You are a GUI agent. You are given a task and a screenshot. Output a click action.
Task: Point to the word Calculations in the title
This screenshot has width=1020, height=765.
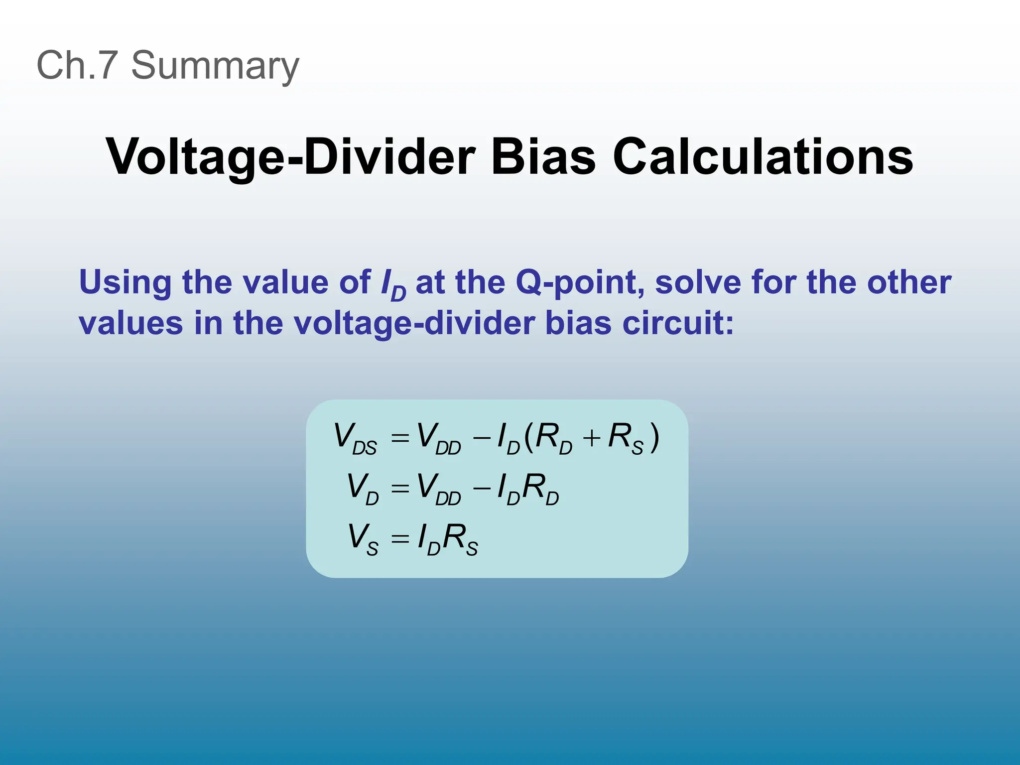763,157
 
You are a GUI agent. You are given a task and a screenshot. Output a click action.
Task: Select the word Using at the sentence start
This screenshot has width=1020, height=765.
125,283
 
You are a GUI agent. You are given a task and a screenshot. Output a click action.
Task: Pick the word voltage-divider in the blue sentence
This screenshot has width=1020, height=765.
414,324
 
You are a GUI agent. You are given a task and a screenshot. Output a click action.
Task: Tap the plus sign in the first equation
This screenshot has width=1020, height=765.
592,438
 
